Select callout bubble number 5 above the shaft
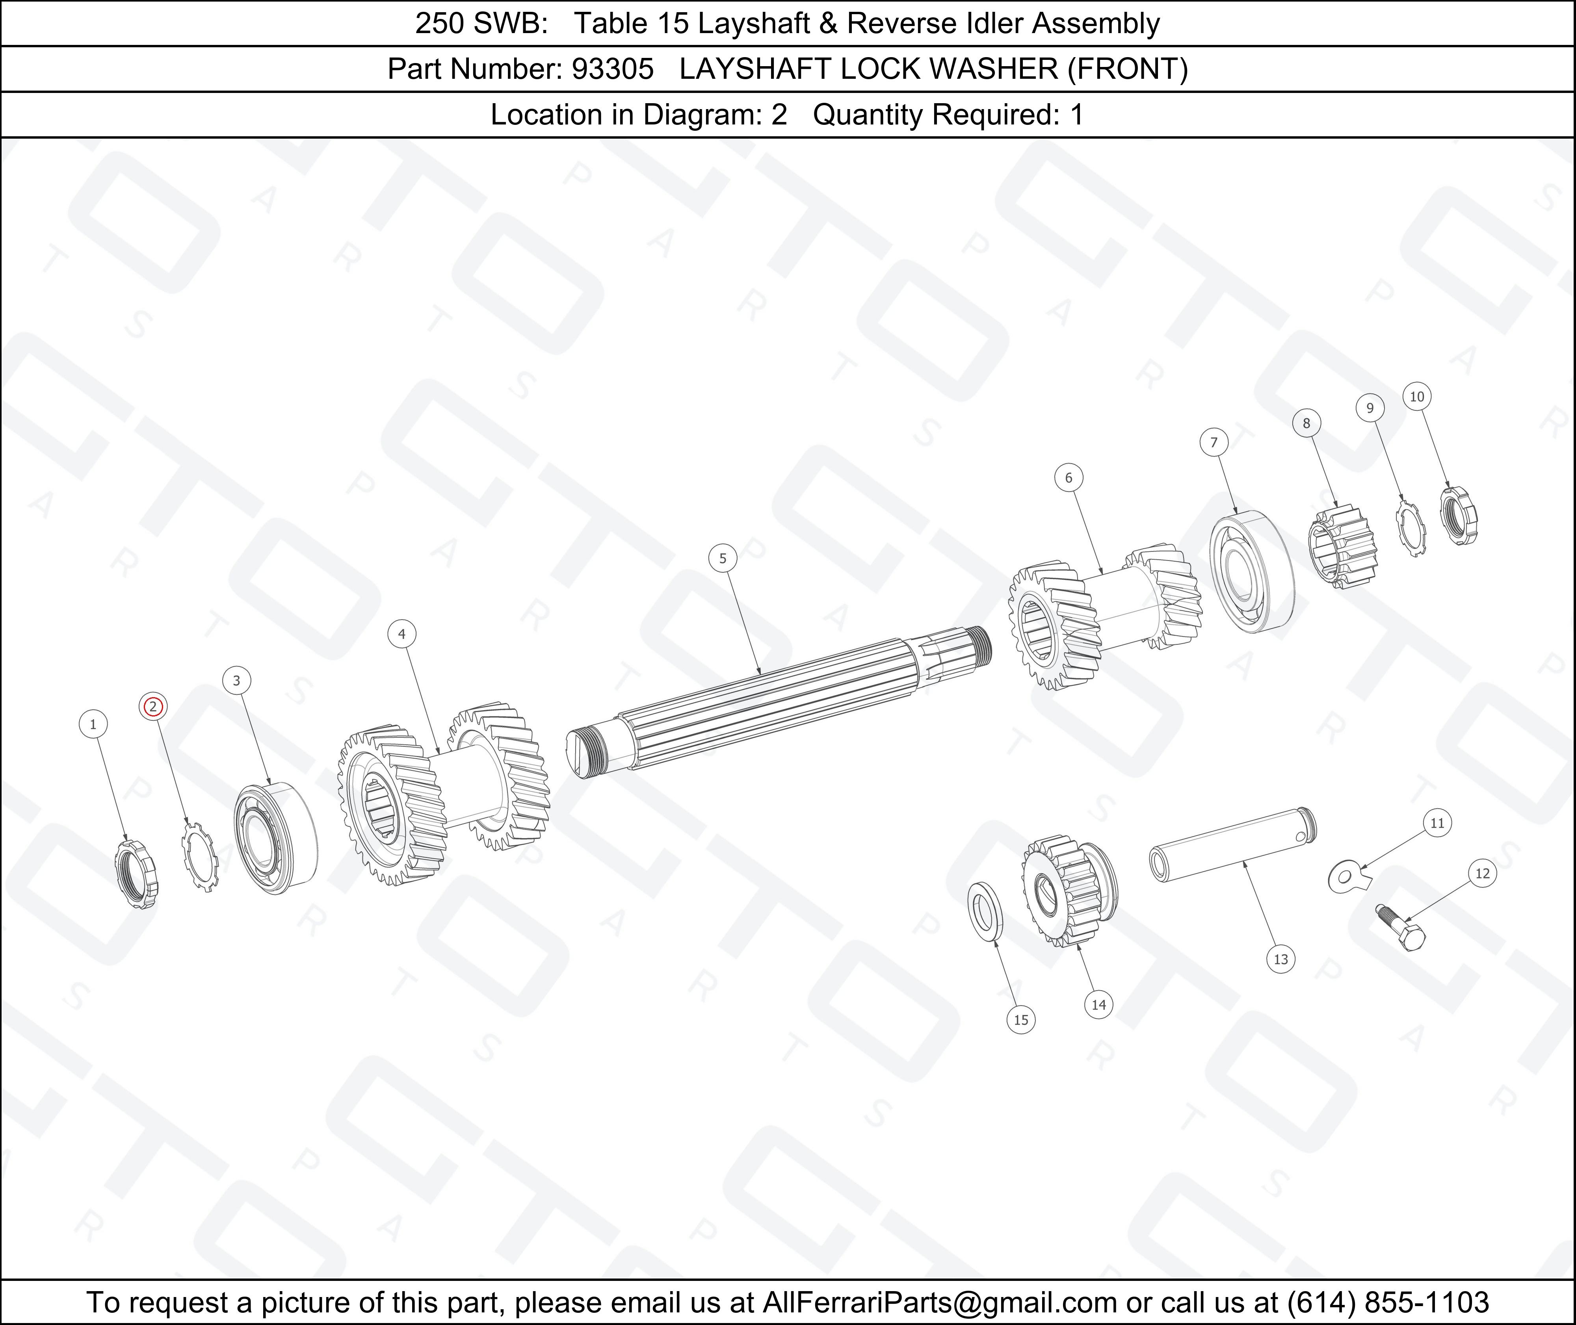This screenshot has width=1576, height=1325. click(x=723, y=558)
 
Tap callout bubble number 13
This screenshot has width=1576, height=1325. click(x=1281, y=959)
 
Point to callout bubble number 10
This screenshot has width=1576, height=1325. click(x=1417, y=397)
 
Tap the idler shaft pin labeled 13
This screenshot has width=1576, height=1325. click(x=1233, y=844)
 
